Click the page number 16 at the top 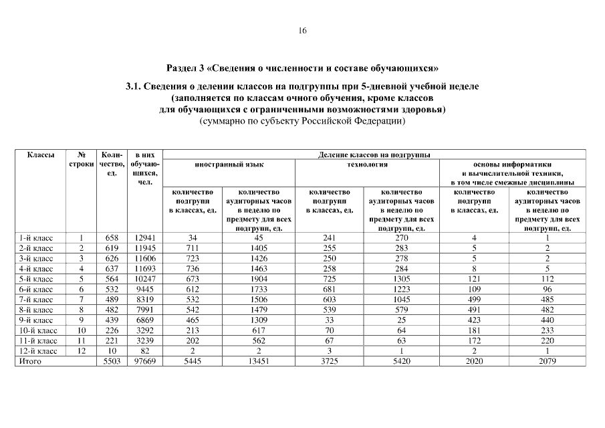click(x=302, y=30)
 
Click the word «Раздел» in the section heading click(x=180, y=68)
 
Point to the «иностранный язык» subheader click(x=229, y=164)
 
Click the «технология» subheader click(x=367, y=164)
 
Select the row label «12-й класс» click(x=38, y=350)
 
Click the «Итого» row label click(x=29, y=361)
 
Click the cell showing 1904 click(x=258, y=278)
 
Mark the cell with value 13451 click(x=258, y=361)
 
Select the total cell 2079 click(x=547, y=361)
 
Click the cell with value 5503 click(x=112, y=361)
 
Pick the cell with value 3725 click(x=329, y=361)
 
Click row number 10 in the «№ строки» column click(x=81, y=330)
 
